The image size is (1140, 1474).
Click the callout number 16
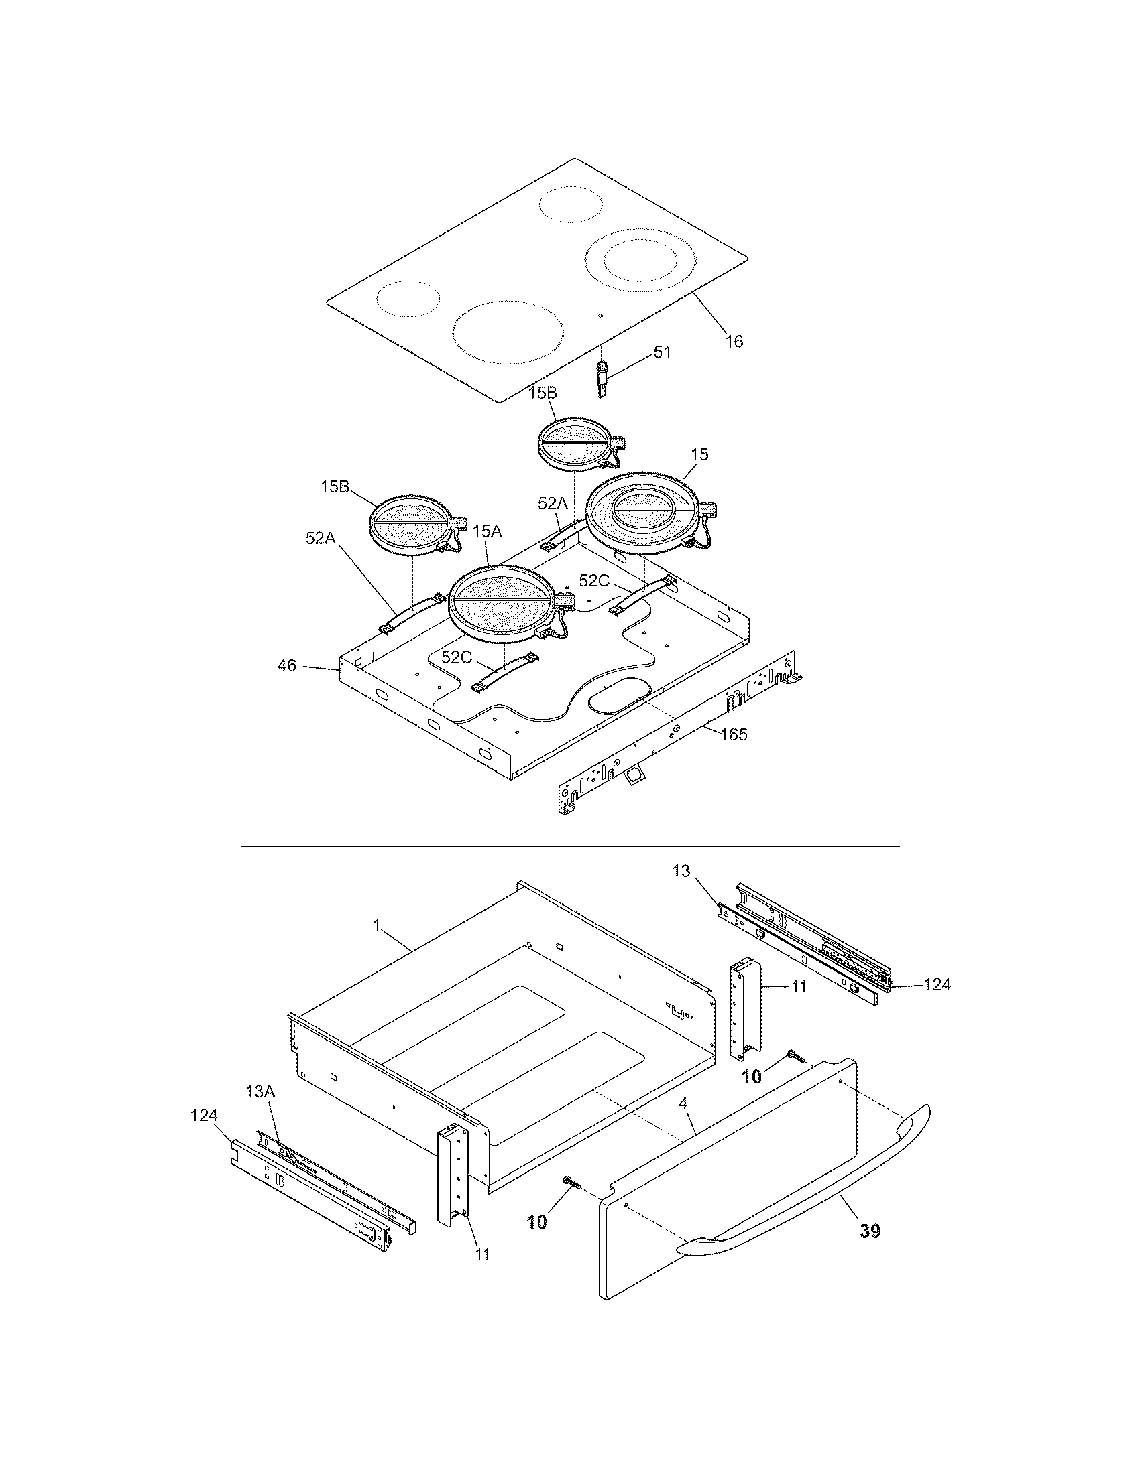tap(734, 342)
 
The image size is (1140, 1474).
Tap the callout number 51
tap(662, 352)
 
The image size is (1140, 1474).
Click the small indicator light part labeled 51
tap(602, 379)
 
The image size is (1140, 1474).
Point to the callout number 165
tap(734, 734)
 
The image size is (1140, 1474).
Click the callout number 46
tap(286, 665)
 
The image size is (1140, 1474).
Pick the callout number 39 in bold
tap(870, 1231)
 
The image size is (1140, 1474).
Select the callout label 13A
tap(261, 1091)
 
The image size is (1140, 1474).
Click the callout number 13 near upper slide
tap(681, 871)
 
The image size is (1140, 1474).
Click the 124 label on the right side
tap(937, 985)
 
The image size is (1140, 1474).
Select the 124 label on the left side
tap(204, 1116)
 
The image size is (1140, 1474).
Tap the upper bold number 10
tap(751, 1077)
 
